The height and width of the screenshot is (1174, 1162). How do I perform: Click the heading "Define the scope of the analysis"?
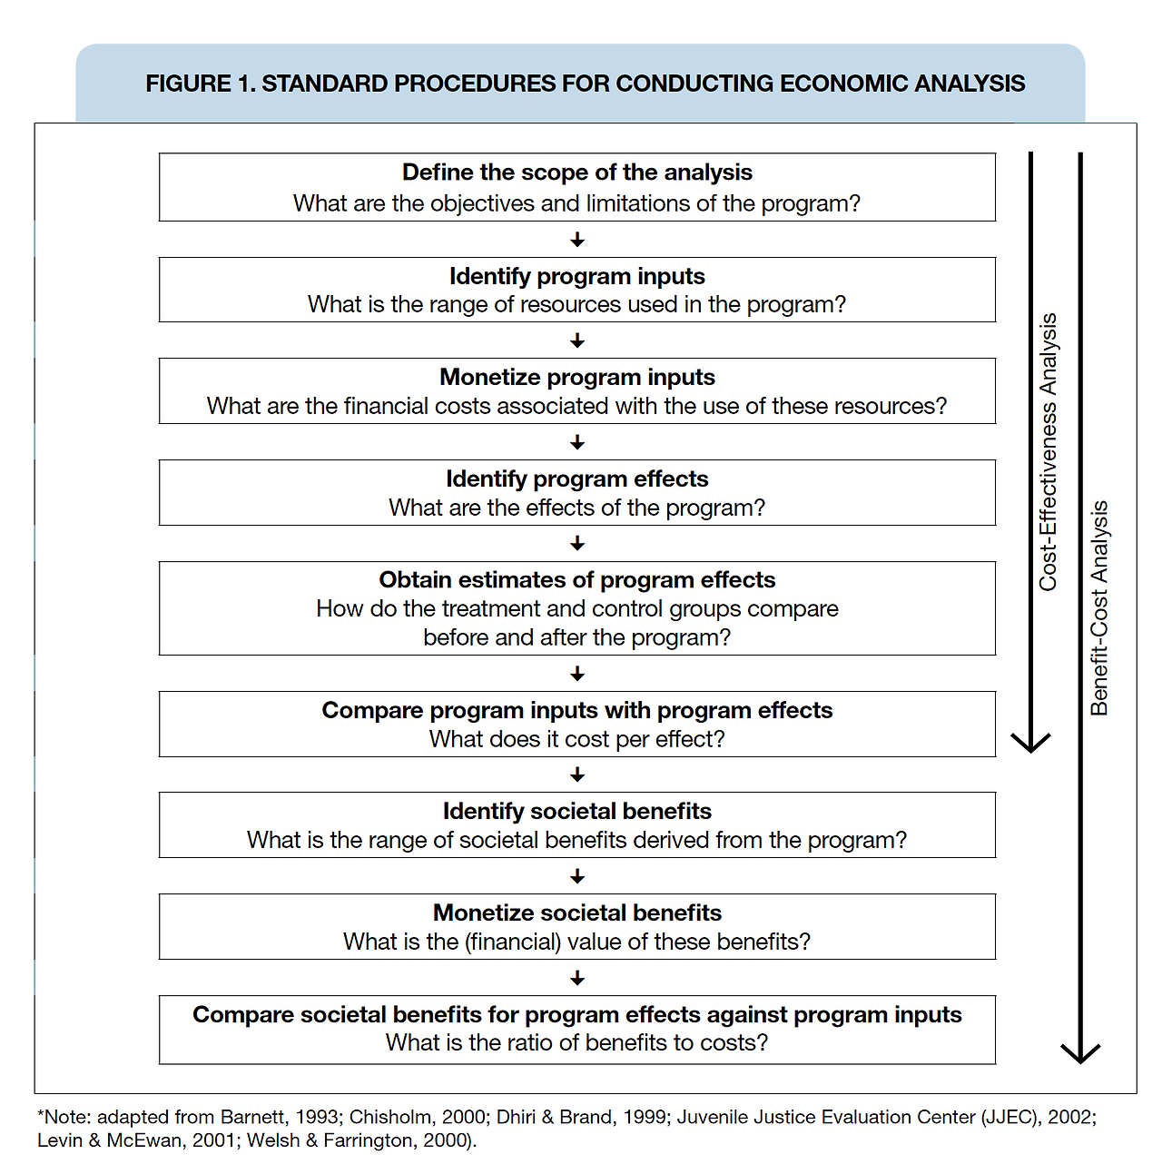tap(576, 173)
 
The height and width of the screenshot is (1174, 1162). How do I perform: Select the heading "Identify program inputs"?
tap(576, 277)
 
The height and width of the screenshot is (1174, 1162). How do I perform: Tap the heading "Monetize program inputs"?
tap(576, 377)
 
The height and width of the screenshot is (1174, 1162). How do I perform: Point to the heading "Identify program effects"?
tap(576, 478)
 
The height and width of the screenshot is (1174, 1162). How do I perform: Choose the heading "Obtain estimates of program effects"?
tap(576, 580)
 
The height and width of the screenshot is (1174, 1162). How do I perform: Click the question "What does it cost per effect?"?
tap(576, 739)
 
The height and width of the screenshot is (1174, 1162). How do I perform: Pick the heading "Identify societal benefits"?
tap(576, 812)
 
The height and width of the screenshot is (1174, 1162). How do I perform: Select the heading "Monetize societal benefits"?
tap(576, 913)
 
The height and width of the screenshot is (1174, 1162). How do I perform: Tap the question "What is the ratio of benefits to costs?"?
tap(576, 1042)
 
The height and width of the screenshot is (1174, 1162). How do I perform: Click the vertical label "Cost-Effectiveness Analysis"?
tap(1048, 452)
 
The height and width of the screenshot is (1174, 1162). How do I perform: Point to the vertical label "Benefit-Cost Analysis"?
tap(1098, 608)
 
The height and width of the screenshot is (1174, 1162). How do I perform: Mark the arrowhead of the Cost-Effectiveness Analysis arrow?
tap(1030, 751)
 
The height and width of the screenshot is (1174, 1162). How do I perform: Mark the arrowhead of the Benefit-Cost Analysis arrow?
tap(1080, 1062)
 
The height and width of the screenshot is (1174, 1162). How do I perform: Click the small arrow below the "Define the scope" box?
tap(577, 240)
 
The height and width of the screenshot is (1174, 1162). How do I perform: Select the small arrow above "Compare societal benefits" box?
tap(577, 978)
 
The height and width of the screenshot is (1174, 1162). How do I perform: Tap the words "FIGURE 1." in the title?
tap(200, 84)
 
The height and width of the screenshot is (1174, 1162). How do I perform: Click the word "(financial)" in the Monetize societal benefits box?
tap(512, 942)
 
